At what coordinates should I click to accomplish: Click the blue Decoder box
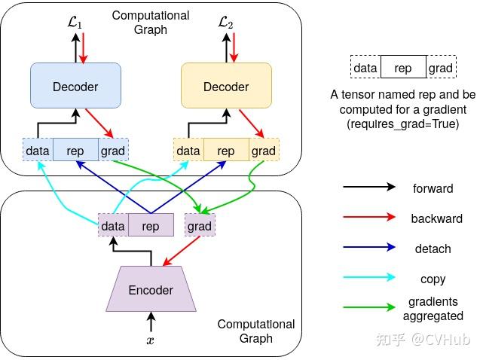(x=75, y=87)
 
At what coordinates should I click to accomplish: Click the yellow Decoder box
(x=226, y=87)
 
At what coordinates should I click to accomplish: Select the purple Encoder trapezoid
(x=151, y=290)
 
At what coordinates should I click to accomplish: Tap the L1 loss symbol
(x=75, y=23)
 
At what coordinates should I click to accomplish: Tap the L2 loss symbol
(x=226, y=23)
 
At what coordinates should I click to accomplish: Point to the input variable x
(x=151, y=340)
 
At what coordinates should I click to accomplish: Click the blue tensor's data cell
(x=38, y=151)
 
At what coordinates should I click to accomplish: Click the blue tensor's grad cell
(x=113, y=151)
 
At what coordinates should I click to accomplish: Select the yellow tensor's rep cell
(x=226, y=151)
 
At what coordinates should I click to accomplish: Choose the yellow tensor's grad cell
(x=264, y=151)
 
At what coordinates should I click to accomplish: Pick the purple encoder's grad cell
(x=200, y=225)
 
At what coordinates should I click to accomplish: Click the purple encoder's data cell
(x=113, y=225)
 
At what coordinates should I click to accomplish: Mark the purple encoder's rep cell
(x=151, y=225)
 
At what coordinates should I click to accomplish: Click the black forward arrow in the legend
(x=368, y=187)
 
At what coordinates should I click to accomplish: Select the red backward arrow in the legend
(x=368, y=218)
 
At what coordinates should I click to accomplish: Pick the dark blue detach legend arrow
(x=368, y=248)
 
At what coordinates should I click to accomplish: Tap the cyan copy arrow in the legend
(x=368, y=278)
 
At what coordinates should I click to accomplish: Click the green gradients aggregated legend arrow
(x=368, y=308)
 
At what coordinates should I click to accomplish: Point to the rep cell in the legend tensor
(x=403, y=68)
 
